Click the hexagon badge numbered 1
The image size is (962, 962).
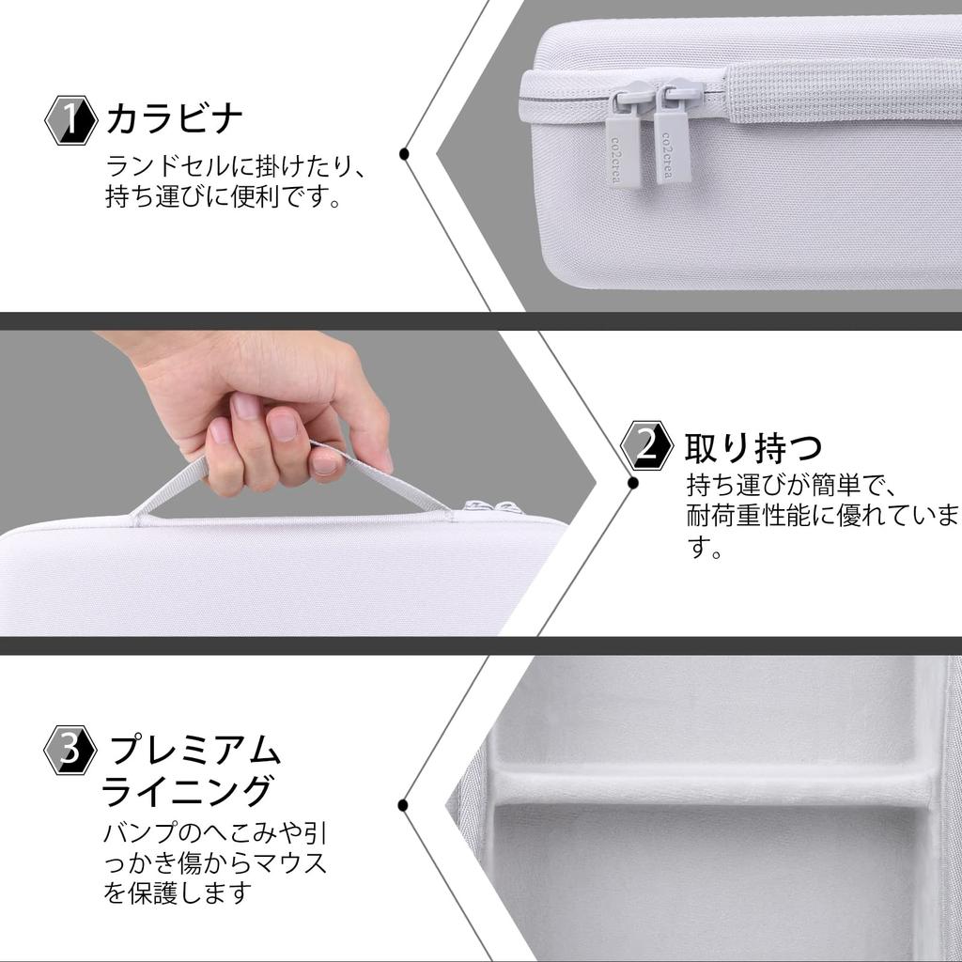70,121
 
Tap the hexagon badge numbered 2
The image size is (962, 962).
647,445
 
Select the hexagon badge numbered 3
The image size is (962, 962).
70,750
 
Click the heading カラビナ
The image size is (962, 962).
176,120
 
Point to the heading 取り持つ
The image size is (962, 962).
753,448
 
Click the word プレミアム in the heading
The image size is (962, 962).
196,751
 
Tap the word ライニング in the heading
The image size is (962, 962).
188,792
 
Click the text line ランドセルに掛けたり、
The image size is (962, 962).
234,168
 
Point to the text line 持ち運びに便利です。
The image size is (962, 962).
223,199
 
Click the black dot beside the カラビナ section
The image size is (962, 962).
404,153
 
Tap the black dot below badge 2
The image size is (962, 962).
633,483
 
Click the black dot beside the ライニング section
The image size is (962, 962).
403,804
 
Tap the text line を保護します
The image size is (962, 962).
178,892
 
